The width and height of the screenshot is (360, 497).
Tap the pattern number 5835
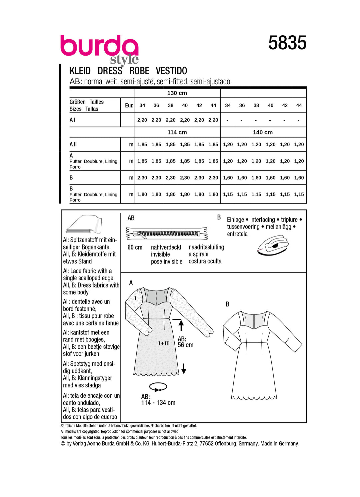point(287,43)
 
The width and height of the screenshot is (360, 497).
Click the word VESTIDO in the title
point(171,71)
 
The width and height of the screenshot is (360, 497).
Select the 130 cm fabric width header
point(177,93)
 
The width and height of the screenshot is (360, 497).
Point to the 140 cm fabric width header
point(263,132)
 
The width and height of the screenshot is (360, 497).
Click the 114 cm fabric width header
point(177,132)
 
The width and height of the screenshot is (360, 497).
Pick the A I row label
point(73,120)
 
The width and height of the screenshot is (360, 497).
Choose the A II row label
point(73,144)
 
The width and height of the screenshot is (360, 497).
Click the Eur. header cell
point(129,106)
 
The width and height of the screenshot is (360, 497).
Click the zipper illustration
point(167,234)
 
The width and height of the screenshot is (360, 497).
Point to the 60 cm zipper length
point(135,248)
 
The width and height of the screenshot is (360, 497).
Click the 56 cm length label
point(185,345)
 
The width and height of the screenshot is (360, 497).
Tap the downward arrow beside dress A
point(184,368)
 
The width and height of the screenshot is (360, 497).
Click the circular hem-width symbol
point(158,387)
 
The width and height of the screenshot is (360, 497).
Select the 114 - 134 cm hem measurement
point(158,403)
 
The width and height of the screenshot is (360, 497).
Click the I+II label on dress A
point(163,343)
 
